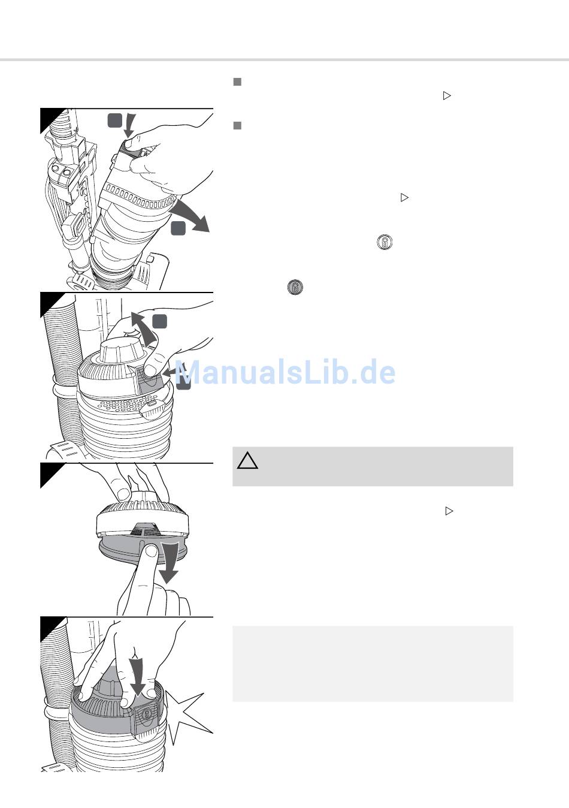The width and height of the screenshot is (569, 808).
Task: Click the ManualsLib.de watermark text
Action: click(285, 372)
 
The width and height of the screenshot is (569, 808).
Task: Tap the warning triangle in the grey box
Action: click(247, 461)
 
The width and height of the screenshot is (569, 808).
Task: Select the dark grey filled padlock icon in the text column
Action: click(295, 287)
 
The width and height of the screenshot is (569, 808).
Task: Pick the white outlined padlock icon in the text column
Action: click(385, 242)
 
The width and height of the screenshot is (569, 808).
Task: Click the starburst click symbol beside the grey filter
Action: click(187, 717)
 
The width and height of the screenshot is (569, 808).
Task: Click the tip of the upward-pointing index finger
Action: click(152, 550)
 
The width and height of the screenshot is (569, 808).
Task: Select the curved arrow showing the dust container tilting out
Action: click(191, 215)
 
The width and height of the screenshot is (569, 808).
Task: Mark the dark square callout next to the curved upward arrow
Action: click(160, 321)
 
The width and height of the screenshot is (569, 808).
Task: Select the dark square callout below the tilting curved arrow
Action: click(178, 228)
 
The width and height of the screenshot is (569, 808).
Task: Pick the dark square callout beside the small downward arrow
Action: click(115, 120)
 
